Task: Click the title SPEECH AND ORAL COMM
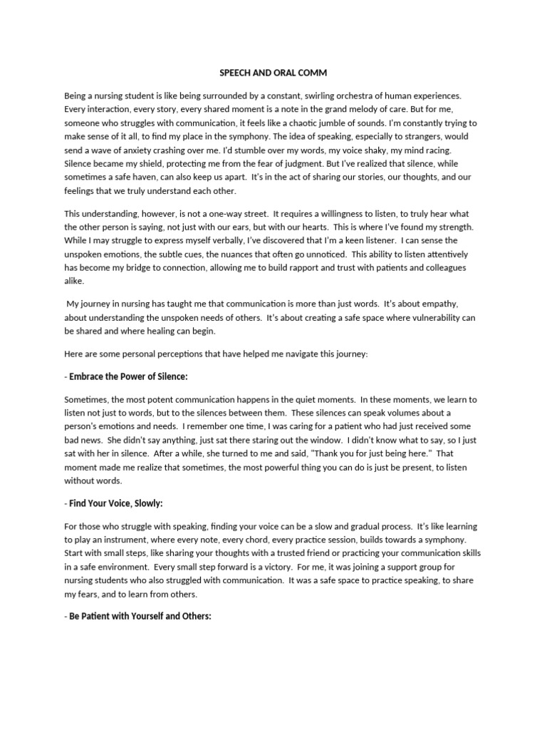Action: [x=273, y=72]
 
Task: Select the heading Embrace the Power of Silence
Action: [x=129, y=376]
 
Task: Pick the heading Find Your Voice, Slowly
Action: [x=116, y=504]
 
